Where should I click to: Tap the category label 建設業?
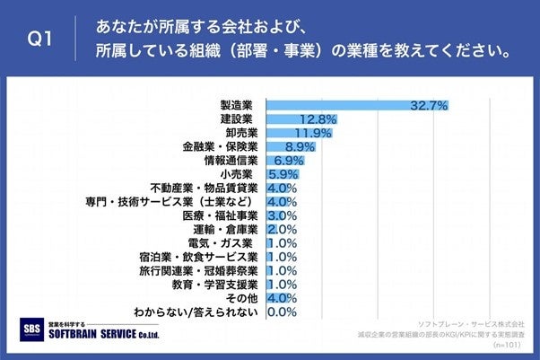[237, 119]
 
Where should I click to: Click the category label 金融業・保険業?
[220, 146]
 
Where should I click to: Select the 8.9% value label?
[300, 147]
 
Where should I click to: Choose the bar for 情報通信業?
[283, 161]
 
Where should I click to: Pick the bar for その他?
[274, 298]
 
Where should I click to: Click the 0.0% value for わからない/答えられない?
[283, 312]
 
